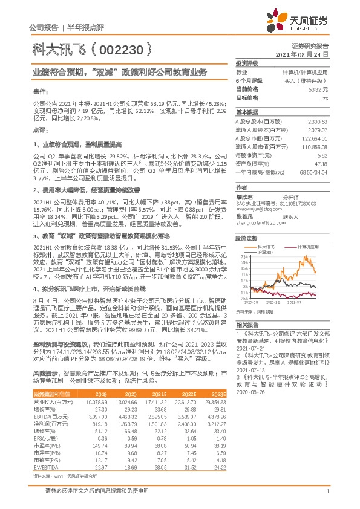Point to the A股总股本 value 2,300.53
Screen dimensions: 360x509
(318, 121)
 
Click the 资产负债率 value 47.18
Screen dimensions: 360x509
(321, 163)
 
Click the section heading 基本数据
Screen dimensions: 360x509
(246, 112)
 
